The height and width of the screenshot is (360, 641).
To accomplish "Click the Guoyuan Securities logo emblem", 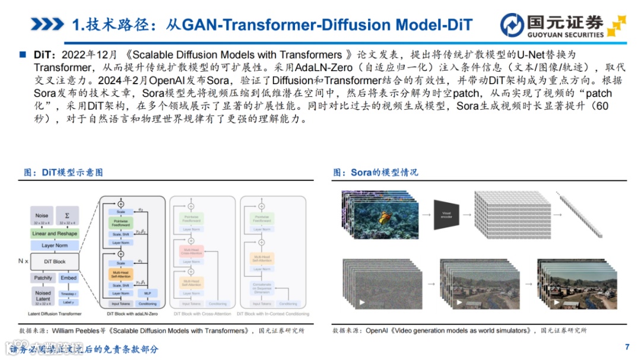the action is pyautogui.click(x=512, y=24).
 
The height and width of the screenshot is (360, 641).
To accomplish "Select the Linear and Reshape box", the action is pyautogui.click(x=55, y=234).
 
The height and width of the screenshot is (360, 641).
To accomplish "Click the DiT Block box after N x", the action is pyautogui.click(x=55, y=262).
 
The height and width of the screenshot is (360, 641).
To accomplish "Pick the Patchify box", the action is pyautogui.click(x=43, y=278).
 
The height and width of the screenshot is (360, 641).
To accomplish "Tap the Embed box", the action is pyautogui.click(x=68, y=278).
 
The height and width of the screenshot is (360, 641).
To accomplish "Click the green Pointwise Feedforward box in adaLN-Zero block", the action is pyautogui.click(x=120, y=222).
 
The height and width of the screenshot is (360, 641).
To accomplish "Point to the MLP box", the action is pyautogui.click(x=147, y=293).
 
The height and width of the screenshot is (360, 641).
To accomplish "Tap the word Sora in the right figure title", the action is pyautogui.click(x=361, y=173).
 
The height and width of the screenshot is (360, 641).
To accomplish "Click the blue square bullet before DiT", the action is pyautogui.click(x=23, y=54).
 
